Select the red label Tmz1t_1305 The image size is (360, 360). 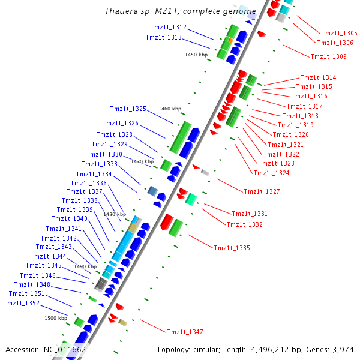pos(339,33)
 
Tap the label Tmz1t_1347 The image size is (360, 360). pos(185,332)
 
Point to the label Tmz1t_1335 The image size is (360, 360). pos(232,248)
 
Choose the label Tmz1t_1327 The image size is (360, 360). pos(262,192)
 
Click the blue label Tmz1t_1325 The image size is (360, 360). pos(128,109)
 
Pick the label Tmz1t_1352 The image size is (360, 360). pos(21,303)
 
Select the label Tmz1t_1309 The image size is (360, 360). pos(328,56)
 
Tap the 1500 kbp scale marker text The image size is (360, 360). pos(55,318)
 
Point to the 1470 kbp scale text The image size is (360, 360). pos(142,161)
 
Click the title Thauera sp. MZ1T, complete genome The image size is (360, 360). pos(180,11)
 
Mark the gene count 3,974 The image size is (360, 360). pos(343,349)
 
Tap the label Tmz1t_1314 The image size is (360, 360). pos(318,77)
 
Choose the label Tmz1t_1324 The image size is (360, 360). pos(271,173)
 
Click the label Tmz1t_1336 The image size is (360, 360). pos(89,183)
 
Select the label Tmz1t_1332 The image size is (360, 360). pos(244,224)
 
